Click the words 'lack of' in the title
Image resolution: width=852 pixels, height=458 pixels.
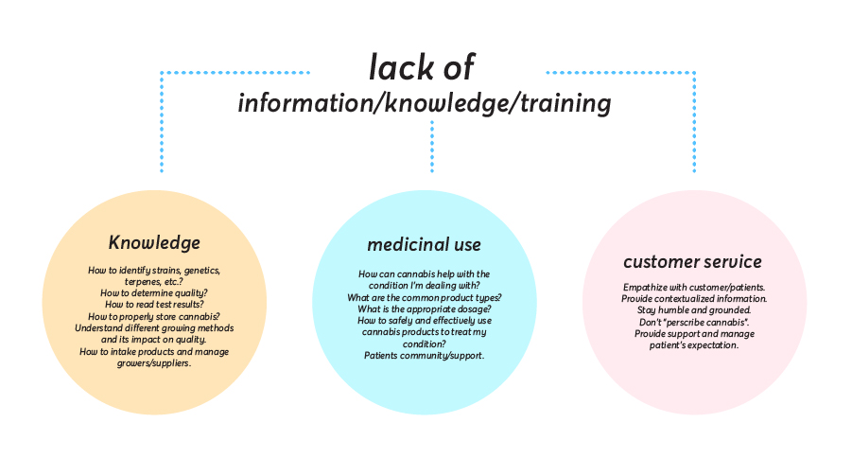[x=421, y=67]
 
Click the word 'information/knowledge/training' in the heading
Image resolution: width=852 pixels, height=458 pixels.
[x=424, y=102]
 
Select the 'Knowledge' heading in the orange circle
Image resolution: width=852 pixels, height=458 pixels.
[x=154, y=242]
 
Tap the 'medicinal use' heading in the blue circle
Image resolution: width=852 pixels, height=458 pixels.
[x=424, y=245]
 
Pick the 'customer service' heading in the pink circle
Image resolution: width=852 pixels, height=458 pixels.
[x=692, y=261]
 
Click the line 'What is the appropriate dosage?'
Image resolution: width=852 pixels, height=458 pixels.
[x=425, y=309]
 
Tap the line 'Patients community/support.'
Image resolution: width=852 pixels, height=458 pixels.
[x=425, y=356]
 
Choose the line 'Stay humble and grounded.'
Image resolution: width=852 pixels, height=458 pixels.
[x=693, y=310]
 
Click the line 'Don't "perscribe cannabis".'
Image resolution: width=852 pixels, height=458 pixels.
[x=693, y=322]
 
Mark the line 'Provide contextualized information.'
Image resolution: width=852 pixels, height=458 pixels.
[x=693, y=299]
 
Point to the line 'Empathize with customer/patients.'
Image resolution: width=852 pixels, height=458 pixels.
[x=693, y=287]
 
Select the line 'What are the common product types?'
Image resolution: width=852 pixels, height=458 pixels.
[x=425, y=297]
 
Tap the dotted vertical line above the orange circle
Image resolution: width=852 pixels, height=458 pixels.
[x=162, y=123]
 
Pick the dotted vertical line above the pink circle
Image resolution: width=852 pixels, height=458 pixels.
[x=693, y=123]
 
